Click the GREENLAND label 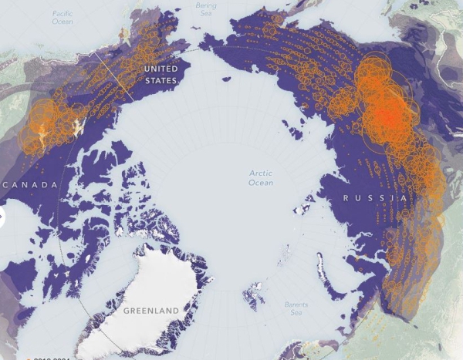coord(150,311)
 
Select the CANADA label coord(30,185)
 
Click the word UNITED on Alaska coord(161,69)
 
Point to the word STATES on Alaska coord(161,79)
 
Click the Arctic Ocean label coord(261,177)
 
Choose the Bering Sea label coord(206,8)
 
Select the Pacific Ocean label coord(62,18)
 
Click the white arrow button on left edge coord(2,217)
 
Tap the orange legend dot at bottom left coord(28,358)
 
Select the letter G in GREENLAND coord(125,311)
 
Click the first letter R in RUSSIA coord(346,198)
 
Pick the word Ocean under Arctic coord(261,183)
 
